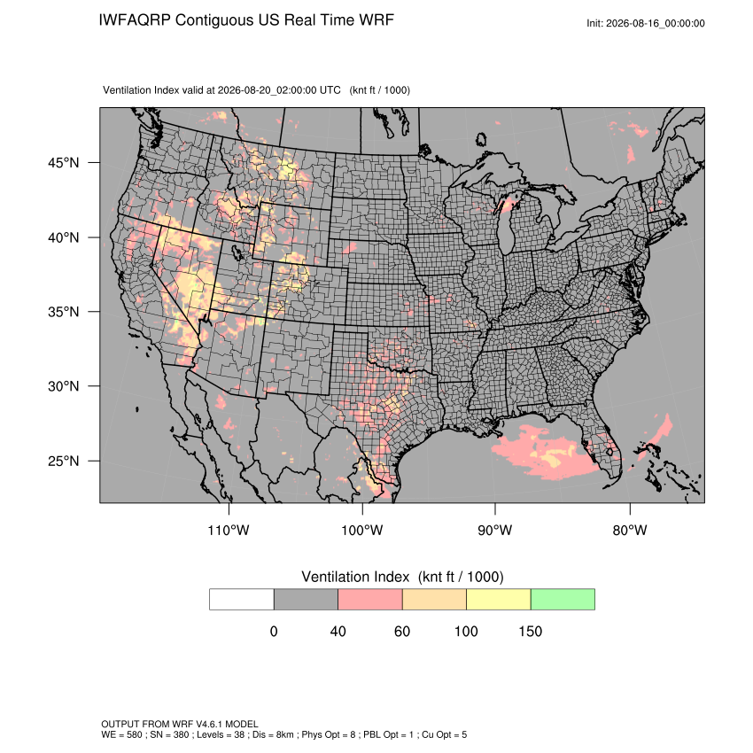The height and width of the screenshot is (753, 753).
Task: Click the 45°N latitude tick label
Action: pyautogui.click(x=64, y=163)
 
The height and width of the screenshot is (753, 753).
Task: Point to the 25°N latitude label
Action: pyautogui.click(x=64, y=461)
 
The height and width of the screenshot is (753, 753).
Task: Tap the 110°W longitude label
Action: pyautogui.click(x=229, y=531)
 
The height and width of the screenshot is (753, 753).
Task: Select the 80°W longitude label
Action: pyautogui.click(x=630, y=531)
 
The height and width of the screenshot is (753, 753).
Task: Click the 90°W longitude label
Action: pyautogui.click(x=494, y=531)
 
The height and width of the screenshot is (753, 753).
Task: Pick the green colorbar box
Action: pyautogui.click(x=563, y=600)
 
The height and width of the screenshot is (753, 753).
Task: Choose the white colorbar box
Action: pyautogui.click(x=242, y=600)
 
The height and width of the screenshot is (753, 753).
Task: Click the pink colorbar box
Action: pyautogui.click(x=370, y=600)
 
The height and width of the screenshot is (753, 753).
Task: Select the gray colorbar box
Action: pyautogui.click(x=306, y=600)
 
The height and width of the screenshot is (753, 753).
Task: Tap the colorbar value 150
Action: pyautogui.click(x=530, y=632)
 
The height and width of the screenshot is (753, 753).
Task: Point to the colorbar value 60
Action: pyautogui.click(x=402, y=632)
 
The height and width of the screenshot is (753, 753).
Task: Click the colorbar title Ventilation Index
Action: pyautogui.click(x=355, y=577)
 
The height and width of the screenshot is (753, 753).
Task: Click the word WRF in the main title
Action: pyautogui.click(x=377, y=20)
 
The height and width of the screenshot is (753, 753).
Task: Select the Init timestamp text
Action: pyautogui.click(x=646, y=23)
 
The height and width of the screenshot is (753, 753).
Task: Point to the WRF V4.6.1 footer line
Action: pyautogui.click(x=180, y=724)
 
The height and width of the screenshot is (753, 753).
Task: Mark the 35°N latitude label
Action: pyautogui.click(x=64, y=312)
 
